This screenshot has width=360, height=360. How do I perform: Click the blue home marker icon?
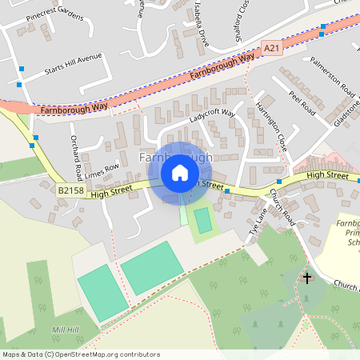click(179, 173)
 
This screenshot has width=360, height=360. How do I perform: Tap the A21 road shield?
click(273, 49)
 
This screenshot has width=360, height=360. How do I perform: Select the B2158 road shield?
click(70, 190)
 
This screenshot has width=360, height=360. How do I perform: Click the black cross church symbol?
click(306, 278)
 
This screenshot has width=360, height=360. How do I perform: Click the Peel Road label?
click(305, 103)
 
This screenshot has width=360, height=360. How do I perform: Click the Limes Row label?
click(100, 170)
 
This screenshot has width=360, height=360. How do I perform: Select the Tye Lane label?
click(257, 222)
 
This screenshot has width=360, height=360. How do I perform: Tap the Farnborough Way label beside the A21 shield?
click(223, 66)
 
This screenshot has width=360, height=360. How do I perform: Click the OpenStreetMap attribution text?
click(81, 354)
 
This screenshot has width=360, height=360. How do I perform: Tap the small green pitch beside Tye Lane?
click(203, 218)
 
